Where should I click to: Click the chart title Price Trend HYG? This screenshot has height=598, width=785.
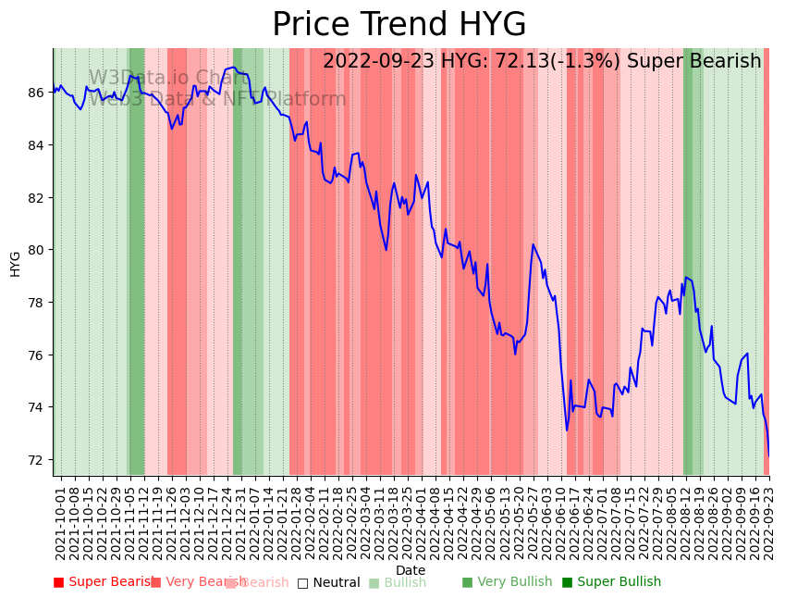[x=399, y=25]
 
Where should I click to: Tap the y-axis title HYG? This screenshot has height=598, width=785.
[x=15, y=263]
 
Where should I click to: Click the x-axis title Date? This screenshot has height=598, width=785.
[x=411, y=570]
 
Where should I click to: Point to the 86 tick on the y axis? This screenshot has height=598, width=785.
[x=36, y=93]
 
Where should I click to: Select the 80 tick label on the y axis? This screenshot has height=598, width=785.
[x=36, y=250]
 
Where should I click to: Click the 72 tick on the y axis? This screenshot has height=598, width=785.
[x=36, y=460]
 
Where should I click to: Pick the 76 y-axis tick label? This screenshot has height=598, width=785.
[x=36, y=355]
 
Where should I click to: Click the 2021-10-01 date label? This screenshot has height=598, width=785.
[x=60, y=521]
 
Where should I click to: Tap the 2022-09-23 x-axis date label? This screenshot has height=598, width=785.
[x=768, y=521]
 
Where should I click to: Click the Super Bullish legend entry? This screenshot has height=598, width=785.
[x=611, y=582]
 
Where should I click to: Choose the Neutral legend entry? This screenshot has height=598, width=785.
[x=328, y=582]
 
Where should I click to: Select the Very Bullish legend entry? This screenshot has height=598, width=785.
[x=507, y=582]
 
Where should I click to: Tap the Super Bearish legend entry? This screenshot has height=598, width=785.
[x=104, y=582]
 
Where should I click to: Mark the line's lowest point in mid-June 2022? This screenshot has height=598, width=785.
[x=567, y=430]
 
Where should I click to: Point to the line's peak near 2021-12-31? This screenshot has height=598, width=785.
[x=233, y=67]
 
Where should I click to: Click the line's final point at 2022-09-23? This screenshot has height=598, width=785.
[x=768, y=455]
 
